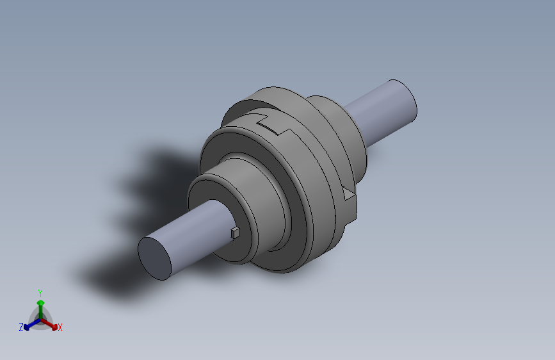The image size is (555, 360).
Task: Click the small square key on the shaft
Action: tap(235, 232)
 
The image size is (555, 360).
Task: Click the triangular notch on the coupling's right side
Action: tap(348, 192)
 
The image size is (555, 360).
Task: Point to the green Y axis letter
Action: tap(40, 292)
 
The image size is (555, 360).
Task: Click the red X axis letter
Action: tap(60, 328)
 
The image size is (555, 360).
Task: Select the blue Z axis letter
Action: tap(21, 327)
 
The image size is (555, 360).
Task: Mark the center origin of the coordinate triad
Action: tap(40, 320)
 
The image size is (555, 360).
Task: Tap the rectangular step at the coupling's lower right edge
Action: tap(349, 211)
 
